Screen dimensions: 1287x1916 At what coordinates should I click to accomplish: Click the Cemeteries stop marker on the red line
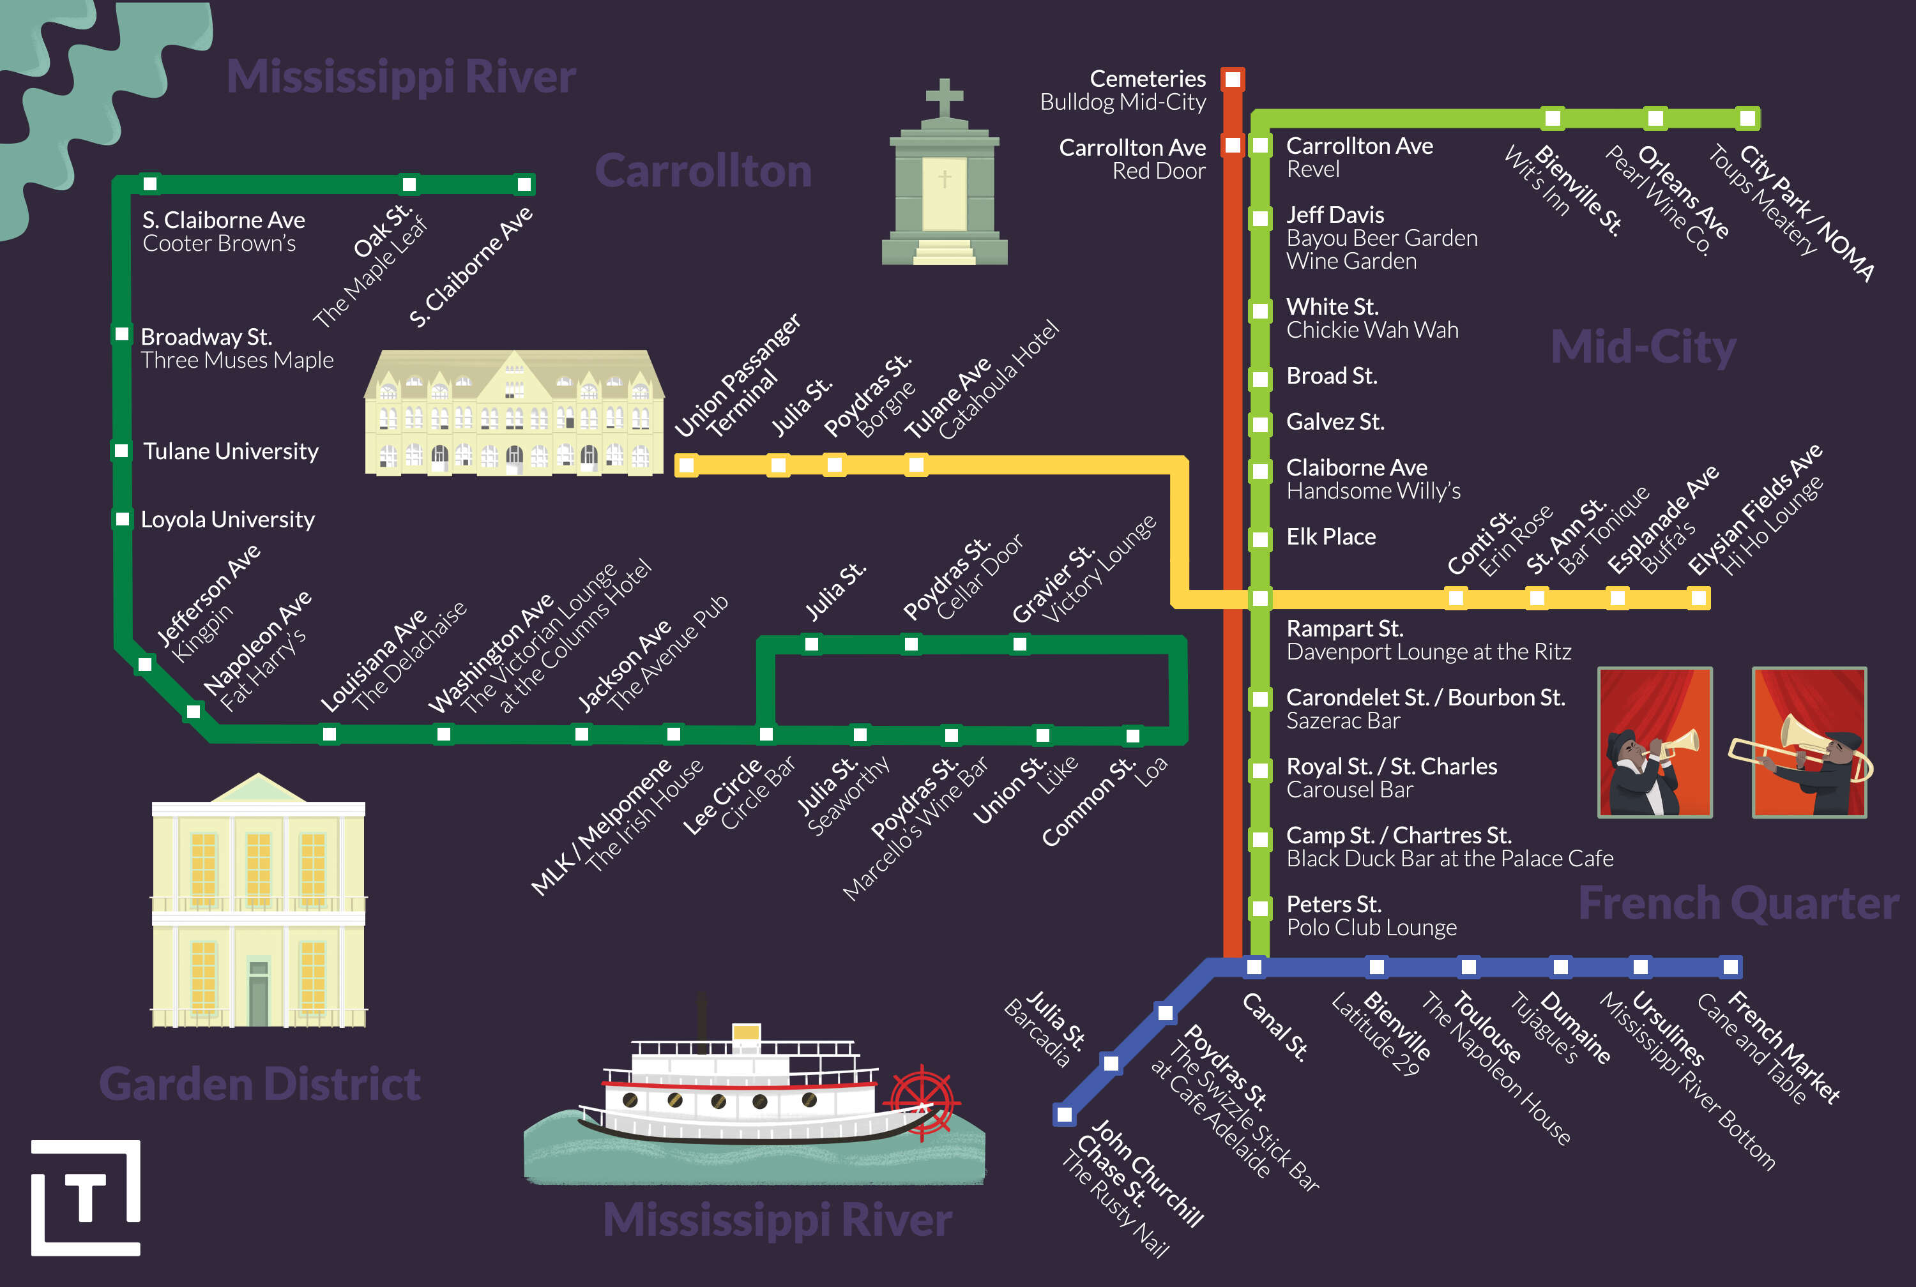tap(1232, 80)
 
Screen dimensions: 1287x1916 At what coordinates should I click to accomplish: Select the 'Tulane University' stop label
tap(231, 451)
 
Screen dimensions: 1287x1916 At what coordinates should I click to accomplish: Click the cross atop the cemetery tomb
tap(944, 98)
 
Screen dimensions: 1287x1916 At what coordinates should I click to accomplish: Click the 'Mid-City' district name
tap(1643, 347)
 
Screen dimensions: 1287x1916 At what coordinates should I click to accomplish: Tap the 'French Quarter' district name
tap(1738, 904)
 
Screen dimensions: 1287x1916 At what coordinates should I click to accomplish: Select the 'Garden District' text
tap(259, 1083)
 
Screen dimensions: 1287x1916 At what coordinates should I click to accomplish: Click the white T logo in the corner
tap(86, 1198)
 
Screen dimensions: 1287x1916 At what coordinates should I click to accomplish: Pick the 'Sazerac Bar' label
tap(1343, 721)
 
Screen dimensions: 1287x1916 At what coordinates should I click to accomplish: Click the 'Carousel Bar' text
tap(1350, 790)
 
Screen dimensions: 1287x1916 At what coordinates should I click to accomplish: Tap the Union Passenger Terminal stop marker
tap(687, 465)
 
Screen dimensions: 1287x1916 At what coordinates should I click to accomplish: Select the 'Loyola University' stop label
tap(227, 520)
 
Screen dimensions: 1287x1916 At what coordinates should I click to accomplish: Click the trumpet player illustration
tap(1654, 743)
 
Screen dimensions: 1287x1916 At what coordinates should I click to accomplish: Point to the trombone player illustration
tap(1809, 743)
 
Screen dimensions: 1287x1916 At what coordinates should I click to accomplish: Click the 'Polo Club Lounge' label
tap(1371, 928)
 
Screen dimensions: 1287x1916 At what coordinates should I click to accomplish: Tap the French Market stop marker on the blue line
tap(1731, 967)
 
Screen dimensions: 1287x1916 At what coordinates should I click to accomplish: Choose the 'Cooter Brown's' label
tap(219, 244)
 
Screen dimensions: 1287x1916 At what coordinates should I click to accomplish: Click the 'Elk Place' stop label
tap(1331, 537)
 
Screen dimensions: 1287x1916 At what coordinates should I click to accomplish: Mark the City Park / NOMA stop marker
tap(1748, 118)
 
